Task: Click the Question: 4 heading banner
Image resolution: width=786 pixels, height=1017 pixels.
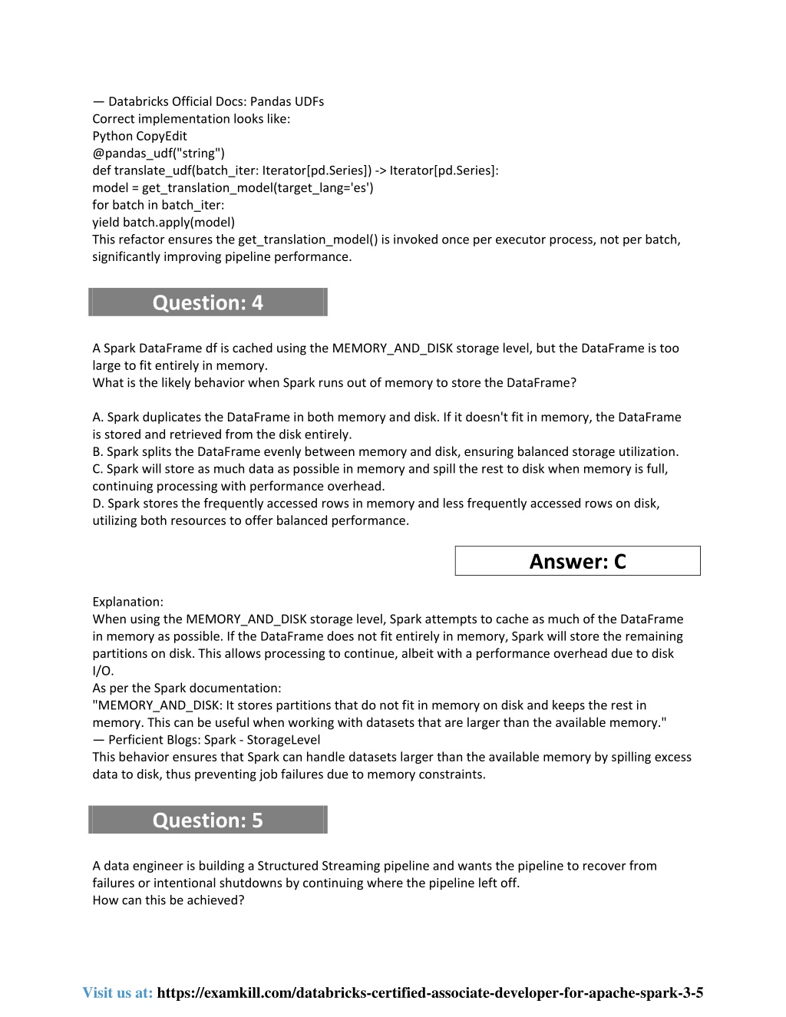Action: pyautogui.click(x=208, y=302)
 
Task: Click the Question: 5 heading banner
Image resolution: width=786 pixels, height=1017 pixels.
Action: pyautogui.click(x=208, y=820)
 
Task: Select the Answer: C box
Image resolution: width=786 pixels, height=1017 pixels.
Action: pyautogui.click(x=577, y=561)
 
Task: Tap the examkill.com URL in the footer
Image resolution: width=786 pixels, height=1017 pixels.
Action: pyautogui.click(x=430, y=992)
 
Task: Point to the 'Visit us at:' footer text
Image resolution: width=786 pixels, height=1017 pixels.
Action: pyautogui.click(x=117, y=992)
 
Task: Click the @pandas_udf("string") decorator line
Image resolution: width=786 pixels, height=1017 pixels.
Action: pyautogui.click(x=159, y=154)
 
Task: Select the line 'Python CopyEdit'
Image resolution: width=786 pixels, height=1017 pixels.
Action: pyautogui.click(x=140, y=136)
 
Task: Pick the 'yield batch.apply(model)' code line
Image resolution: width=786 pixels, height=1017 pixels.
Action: pyautogui.click(x=163, y=223)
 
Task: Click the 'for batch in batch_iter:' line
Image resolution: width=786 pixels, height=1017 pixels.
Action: pyautogui.click(x=158, y=205)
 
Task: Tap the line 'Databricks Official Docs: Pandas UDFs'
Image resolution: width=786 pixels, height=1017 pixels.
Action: pyautogui.click(x=216, y=101)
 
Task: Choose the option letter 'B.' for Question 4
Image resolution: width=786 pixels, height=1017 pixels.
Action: pyautogui.click(x=97, y=452)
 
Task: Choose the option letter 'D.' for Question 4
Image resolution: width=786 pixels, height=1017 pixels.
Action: pyautogui.click(x=98, y=504)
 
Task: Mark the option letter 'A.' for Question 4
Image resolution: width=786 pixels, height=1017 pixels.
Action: pyautogui.click(x=98, y=418)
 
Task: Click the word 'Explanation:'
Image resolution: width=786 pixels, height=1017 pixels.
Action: pyautogui.click(x=127, y=602)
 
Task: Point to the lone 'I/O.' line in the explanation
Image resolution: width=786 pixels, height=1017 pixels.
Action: pyautogui.click(x=103, y=671)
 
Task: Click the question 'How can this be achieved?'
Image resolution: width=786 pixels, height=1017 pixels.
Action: pyautogui.click(x=168, y=900)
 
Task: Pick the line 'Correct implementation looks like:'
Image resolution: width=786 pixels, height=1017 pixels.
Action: pyautogui.click(x=191, y=119)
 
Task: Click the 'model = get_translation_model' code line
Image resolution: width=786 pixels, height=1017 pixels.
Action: pyautogui.click(x=233, y=188)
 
